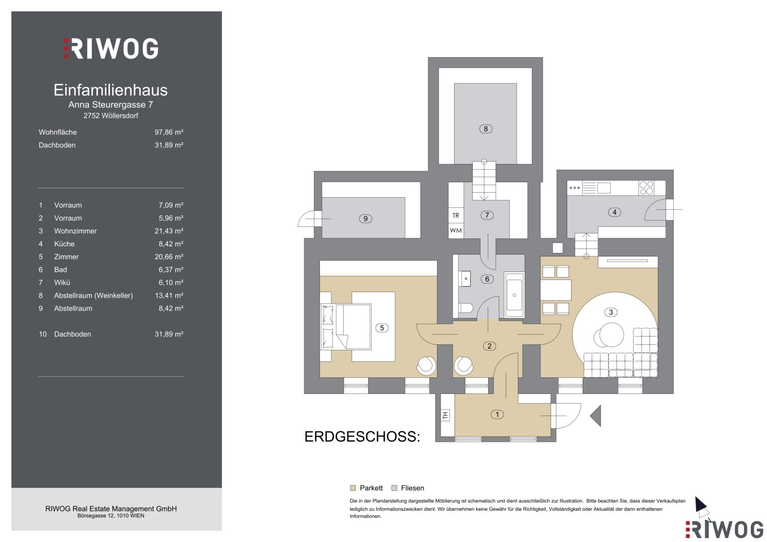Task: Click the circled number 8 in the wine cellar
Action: [486, 129]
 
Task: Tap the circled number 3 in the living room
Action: [610, 312]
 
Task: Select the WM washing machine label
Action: [456, 230]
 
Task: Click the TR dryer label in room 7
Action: [456, 216]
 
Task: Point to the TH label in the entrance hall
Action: [445, 416]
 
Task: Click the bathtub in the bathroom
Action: [514, 295]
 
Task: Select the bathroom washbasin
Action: [466, 279]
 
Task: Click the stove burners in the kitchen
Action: [646, 188]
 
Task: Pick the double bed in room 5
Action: [346, 326]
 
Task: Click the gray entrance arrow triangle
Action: [595, 416]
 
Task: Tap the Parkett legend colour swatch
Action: [353, 488]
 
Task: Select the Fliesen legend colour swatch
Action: [394, 488]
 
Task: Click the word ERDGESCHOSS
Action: [362, 437]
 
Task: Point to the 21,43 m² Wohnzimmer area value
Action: [169, 231]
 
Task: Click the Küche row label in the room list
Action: [64, 244]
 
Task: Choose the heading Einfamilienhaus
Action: [111, 90]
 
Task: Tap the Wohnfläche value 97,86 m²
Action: [169, 132]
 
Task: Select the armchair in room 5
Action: [426, 366]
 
